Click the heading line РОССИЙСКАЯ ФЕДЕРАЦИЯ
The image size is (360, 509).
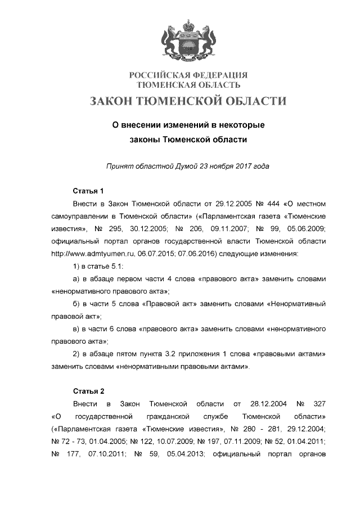(188, 75)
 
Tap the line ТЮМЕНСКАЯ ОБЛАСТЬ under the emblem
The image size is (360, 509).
(188, 85)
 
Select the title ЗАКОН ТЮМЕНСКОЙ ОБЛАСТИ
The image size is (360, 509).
(188, 102)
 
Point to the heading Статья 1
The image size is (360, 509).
(88, 190)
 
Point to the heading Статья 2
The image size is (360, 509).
(88, 390)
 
